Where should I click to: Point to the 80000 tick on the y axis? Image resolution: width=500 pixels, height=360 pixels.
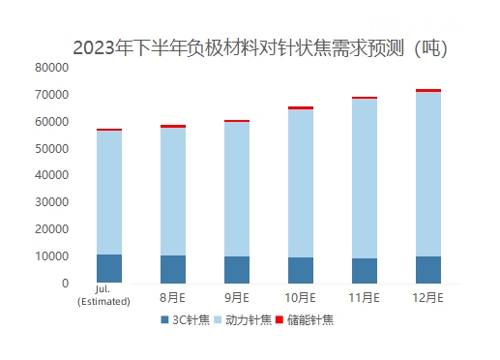point(49,68)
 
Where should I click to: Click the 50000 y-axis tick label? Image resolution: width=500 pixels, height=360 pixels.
point(49,149)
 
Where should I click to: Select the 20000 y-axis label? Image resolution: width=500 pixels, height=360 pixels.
point(49,230)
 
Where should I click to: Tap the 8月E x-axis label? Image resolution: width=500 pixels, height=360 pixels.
point(172,297)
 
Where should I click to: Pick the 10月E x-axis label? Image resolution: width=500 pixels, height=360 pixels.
point(301,297)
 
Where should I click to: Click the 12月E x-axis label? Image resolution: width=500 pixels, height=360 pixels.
point(427,297)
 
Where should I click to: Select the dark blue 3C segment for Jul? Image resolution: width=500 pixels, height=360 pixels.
point(109,269)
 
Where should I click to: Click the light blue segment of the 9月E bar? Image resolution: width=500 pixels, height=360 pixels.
point(237,189)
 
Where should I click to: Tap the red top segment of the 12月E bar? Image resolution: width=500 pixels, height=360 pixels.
point(427,90)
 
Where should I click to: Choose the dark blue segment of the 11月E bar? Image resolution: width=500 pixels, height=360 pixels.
point(364,271)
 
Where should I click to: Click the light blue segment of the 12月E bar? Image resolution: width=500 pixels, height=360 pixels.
point(427,174)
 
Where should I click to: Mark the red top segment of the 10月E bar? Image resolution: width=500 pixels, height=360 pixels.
point(301,107)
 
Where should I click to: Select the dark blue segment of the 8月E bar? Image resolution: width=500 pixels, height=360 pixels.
point(173,269)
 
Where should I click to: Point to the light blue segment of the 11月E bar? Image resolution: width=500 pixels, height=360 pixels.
point(364,178)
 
